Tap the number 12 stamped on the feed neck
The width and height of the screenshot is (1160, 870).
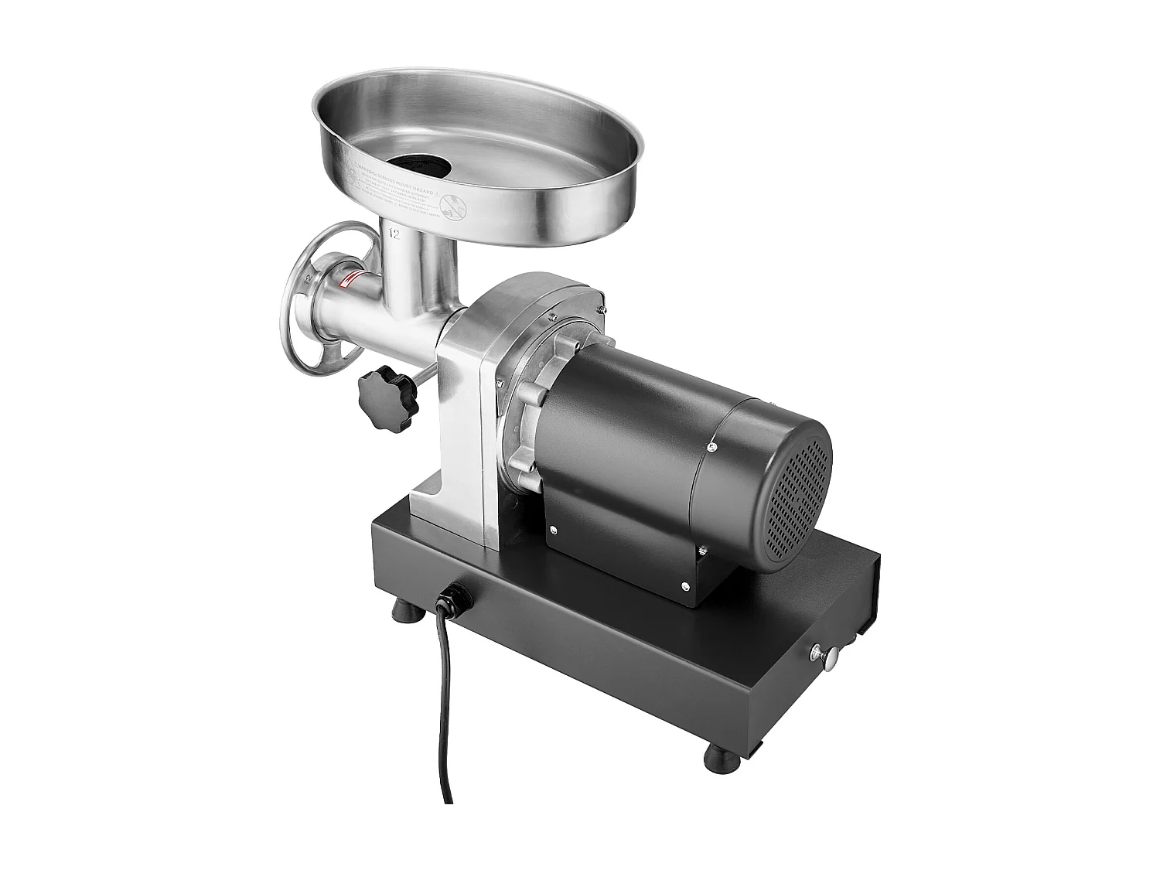click(x=394, y=234)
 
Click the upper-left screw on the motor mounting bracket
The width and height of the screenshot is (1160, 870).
click(x=554, y=530)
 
